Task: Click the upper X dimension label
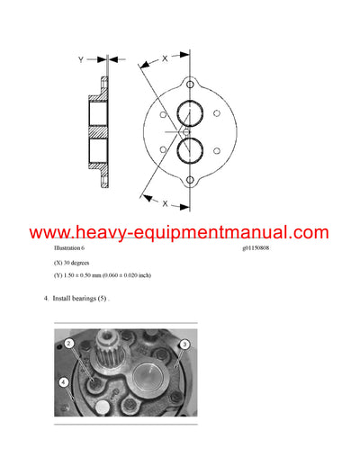pos(165,58)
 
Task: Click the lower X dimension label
pos(165,203)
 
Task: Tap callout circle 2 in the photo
pos(68,344)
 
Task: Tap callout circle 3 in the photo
pos(183,345)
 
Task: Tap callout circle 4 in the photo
pos(63,382)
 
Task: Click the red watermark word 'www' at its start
pos(53,232)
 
